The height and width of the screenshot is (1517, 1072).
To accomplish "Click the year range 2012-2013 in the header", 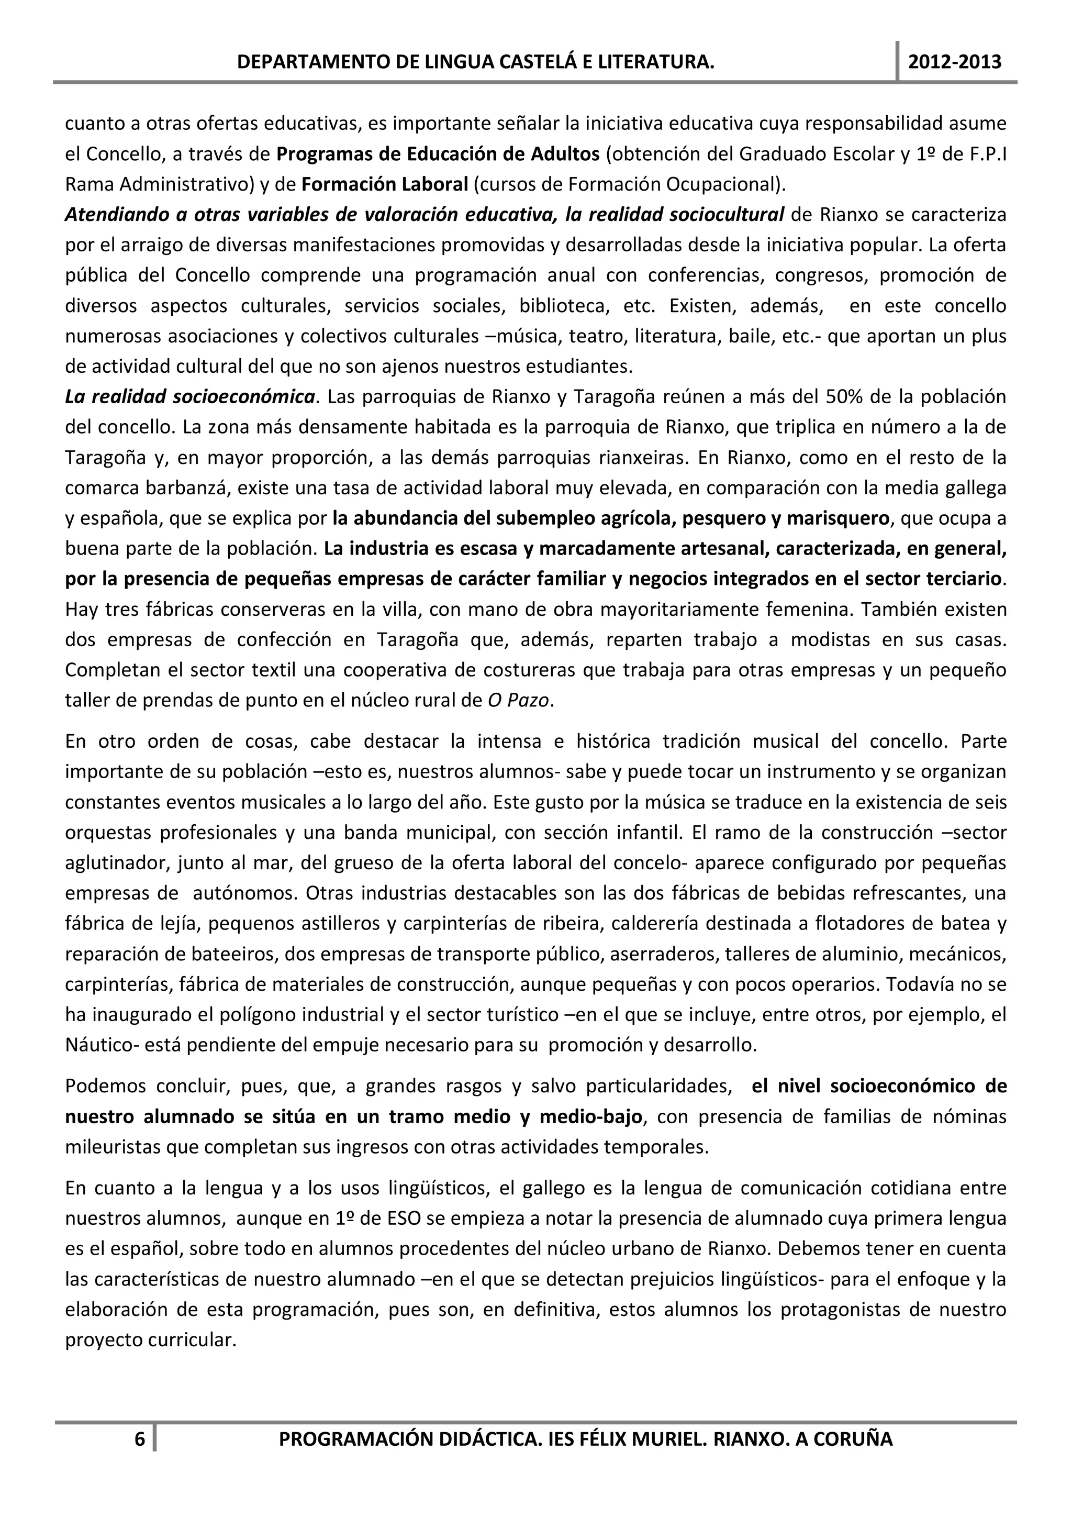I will click(x=954, y=63).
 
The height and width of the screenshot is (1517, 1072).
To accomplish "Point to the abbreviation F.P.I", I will click(x=986, y=154).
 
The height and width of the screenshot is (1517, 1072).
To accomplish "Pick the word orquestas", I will click(x=106, y=833).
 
